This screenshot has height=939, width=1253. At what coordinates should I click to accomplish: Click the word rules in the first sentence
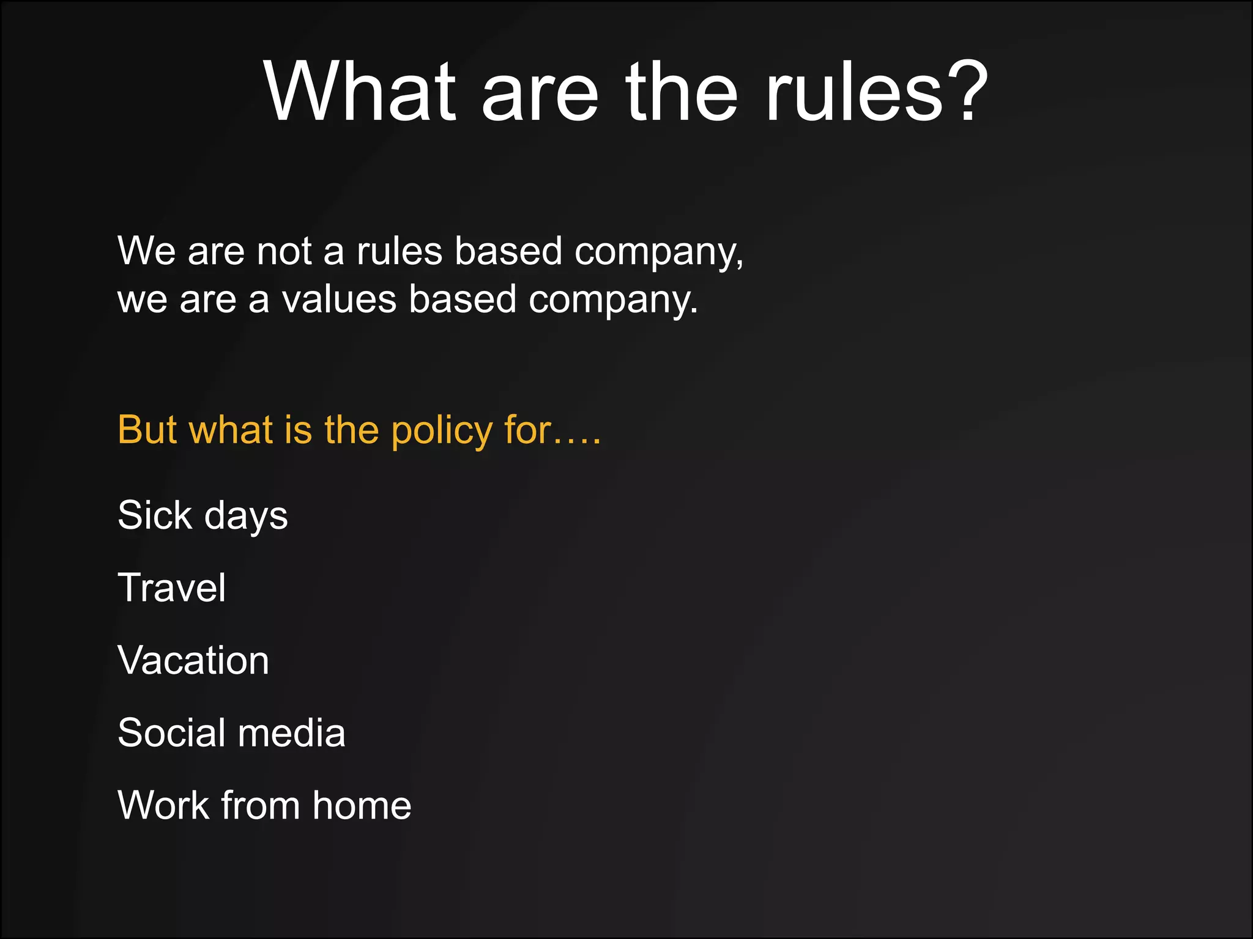coord(399,251)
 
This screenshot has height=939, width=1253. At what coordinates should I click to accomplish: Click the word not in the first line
coord(284,251)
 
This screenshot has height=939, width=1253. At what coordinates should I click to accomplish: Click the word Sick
coord(155,515)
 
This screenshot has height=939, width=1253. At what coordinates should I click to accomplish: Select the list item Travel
coord(171,587)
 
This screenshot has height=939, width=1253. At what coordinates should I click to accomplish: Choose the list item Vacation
coord(193,660)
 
